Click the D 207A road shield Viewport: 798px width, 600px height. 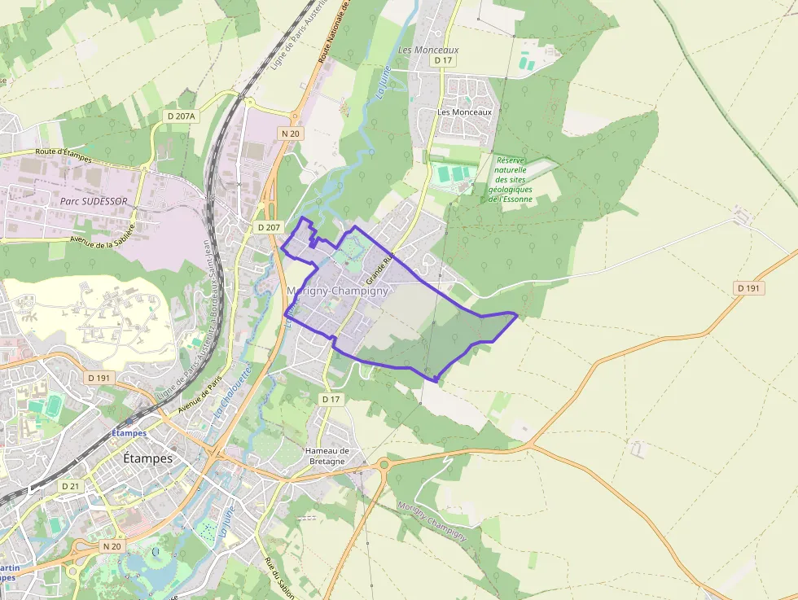(x=181, y=116)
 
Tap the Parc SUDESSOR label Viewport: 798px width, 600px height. (x=94, y=199)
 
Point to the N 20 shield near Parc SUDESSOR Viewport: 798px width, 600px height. (x=289, y=134)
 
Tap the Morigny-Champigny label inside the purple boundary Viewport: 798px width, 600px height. (x=338, y=291)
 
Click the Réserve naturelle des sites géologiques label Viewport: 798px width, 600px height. (x=511, y=180)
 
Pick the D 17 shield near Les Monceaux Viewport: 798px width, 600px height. (x=443, y=60)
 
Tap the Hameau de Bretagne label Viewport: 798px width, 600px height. (x=327, y=456)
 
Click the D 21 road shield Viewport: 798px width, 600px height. (x=72, y=485)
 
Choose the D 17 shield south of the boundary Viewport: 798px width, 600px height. (x=330, y=399)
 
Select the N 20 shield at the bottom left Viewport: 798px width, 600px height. (x=112, y=545)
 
